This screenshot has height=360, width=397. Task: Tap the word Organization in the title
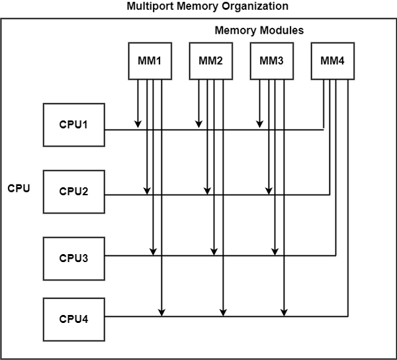click(x=256, y=7)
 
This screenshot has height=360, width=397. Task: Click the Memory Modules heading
click(x=259, y=31)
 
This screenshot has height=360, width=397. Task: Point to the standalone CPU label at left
click(x=19, y=188)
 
